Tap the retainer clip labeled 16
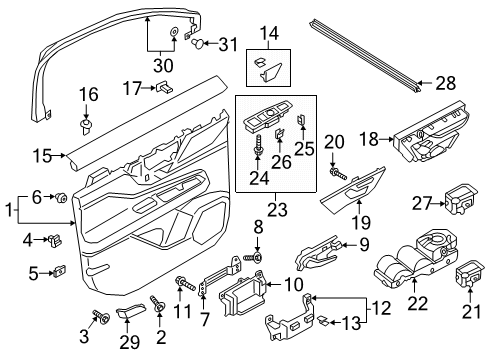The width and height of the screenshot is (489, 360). [x=85, y=125]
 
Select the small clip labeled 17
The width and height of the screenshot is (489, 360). [x=160, y=89]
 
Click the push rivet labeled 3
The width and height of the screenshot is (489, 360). [x=103, y=317]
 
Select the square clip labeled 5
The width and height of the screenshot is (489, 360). [x=59, y=270]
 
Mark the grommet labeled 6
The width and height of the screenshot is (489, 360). [x=62, y=195]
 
